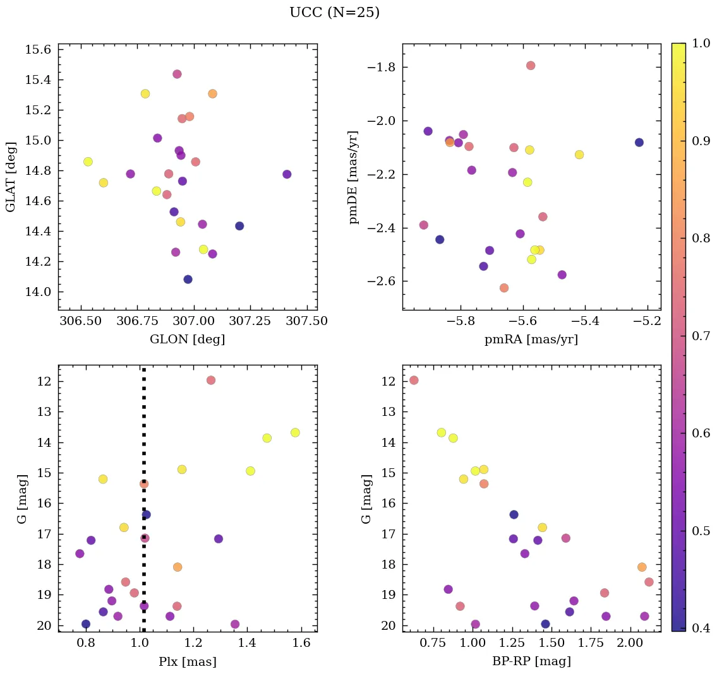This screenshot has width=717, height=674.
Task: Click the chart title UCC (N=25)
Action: (x=334, y=13)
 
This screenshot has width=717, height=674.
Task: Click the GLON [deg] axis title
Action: (x=187, y=340)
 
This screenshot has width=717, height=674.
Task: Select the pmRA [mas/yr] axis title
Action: (x=531, y=340)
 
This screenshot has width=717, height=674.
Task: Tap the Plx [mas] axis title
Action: (x=187, y=661)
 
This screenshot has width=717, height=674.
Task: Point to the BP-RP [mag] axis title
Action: (x=531, y=661)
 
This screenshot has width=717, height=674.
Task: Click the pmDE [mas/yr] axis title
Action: (x=354, y=177)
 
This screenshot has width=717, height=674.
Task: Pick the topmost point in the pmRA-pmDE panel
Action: (x=531, y=66)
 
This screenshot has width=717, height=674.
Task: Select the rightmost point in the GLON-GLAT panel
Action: (x=287, y=174)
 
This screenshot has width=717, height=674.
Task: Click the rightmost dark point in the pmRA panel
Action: (x=639, y=143)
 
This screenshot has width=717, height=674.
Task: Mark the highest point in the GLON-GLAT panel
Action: (x=177, y=74)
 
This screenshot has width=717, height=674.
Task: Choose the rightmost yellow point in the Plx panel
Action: (x=295, y=432)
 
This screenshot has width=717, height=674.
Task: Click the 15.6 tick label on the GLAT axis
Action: (x=39, y=50)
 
